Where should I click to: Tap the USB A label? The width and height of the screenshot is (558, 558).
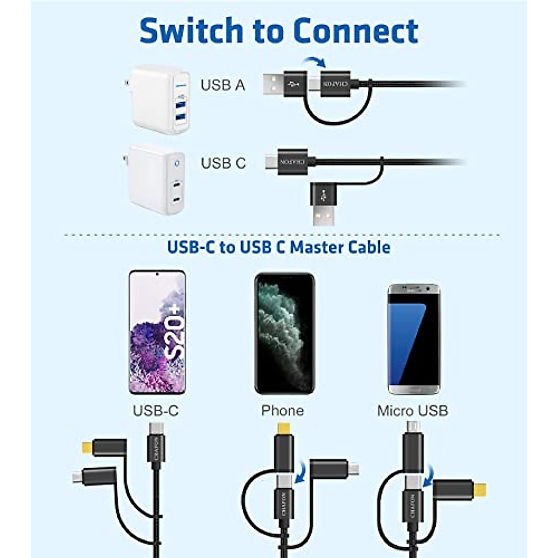(223, 85)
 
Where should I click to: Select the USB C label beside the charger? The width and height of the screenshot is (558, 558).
(223, 163)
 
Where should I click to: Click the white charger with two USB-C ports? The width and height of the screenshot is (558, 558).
(157, 179)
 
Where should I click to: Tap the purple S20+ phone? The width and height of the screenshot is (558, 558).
(157, 332)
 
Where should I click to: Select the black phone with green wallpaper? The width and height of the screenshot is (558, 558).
(285, 333)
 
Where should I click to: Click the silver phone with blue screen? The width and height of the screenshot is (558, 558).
(414, 339)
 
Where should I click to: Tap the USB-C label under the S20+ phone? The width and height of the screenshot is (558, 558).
(156, 411)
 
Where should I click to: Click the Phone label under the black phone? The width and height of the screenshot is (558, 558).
(282, 411)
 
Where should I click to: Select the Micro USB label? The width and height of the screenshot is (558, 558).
(412, 411)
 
